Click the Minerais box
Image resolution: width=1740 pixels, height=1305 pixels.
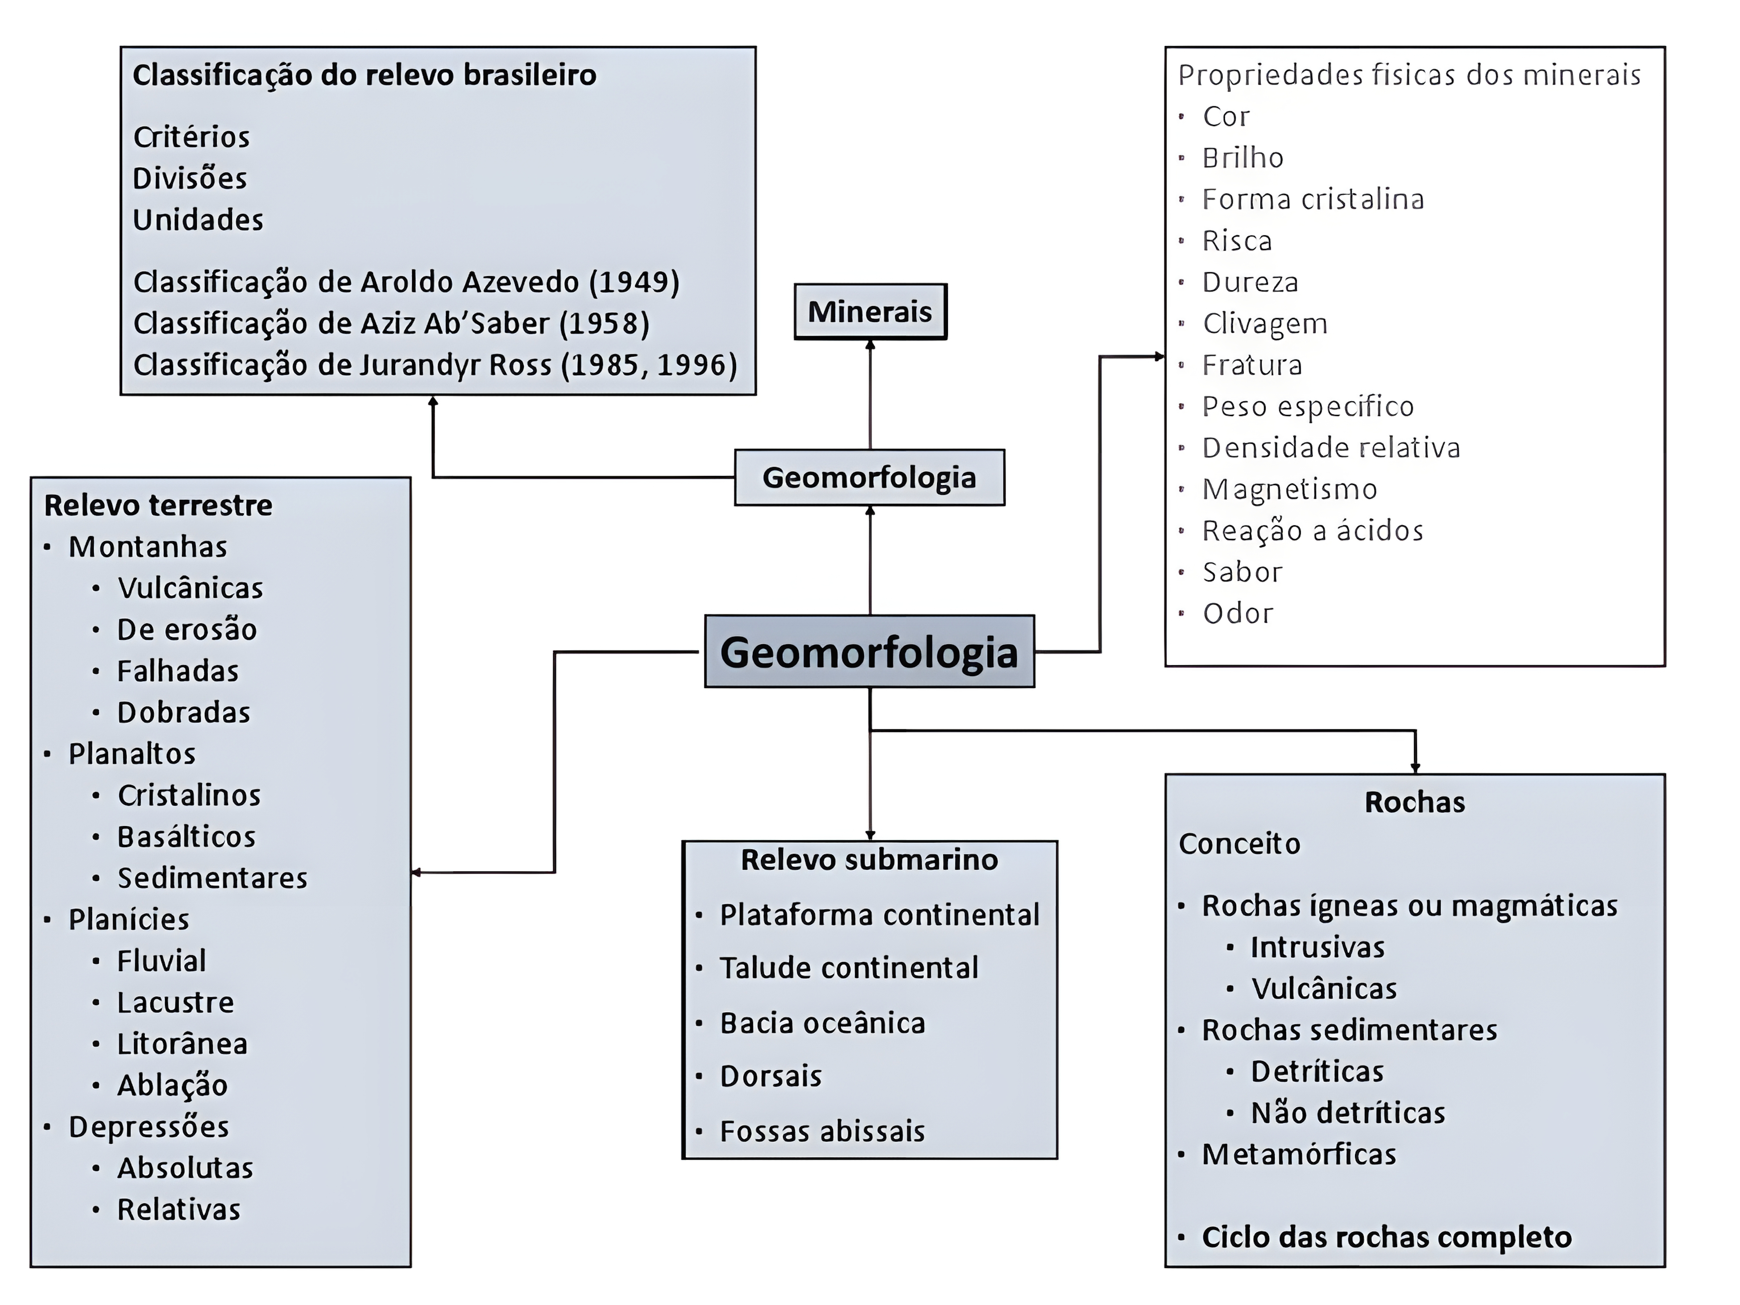(x=870, y=312)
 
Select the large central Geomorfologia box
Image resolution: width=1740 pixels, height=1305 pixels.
(x=869, y=652)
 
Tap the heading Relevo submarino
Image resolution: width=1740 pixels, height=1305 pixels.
(x=869, y=860)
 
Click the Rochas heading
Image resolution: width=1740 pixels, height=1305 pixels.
(x=1414, y=802)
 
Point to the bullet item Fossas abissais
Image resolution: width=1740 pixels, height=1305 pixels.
(x=822, y=1131)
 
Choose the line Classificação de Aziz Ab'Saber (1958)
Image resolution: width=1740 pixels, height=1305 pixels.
(x=391, y=323)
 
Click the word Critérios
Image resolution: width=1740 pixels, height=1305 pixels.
(x=191, y=137)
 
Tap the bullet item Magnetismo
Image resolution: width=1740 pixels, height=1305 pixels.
(x=1289, y=489)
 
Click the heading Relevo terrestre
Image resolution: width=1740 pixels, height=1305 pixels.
(x=158, y=505)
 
